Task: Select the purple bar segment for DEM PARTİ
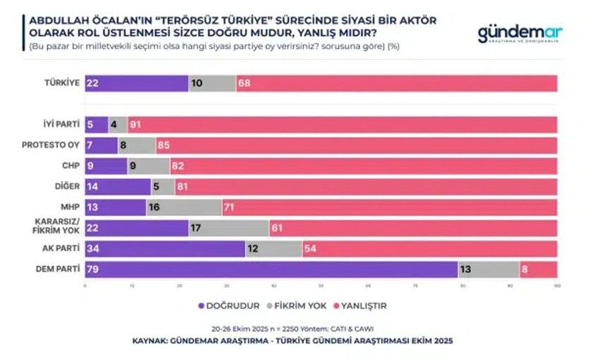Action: click(x=271, y=270)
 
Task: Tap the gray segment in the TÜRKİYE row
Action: click(x=212, y=83)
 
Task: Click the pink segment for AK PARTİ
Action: click(x=429, y=248)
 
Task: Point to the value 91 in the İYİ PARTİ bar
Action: click(x=135, y=124)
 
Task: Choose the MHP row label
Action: click(x=69, y=208)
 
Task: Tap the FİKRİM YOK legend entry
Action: click(x=294, y=306)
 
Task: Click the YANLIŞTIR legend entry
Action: click(x=360, y=306)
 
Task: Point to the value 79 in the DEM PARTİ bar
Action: click(x=92, y=270)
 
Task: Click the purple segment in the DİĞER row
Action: click(x=118, y=187)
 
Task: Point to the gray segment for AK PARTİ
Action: click(x=273, y=248)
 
